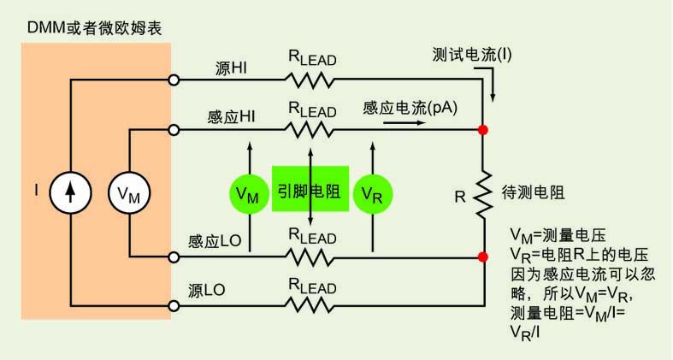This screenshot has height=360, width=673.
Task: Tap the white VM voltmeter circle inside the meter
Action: click(129, 193)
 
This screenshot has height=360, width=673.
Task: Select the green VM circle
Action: click(250, 193)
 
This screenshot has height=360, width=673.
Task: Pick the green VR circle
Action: click(372, 193)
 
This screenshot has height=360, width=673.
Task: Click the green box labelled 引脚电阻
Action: click(310, 191)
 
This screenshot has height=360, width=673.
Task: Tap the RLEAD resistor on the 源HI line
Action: click(311, 80)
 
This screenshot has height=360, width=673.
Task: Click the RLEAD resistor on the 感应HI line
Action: click(311, 130)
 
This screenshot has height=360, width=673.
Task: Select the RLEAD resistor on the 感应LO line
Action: click(311, 256)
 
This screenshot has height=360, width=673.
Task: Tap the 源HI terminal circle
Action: click(174, 80)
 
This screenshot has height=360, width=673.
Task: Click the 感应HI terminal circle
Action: click(174, 130)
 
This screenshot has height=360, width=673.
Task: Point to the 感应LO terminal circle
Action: click(174, 256)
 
